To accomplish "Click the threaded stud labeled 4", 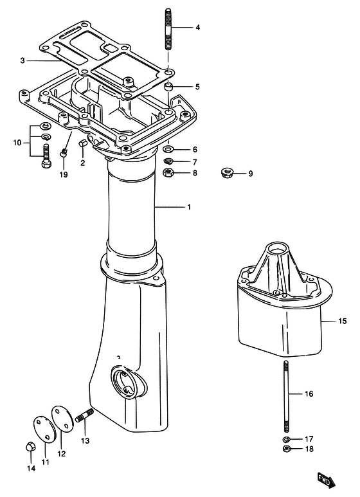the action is [x=168, y=30].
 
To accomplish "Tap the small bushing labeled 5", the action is [x=169, y=87].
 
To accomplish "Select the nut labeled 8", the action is [x=168, y=172].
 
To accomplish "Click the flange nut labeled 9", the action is [x=225, y=174].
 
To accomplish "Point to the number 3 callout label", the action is [x=22, y=60].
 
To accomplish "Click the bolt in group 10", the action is [x=46, y=156].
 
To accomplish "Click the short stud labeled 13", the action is [x=85, y=415].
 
